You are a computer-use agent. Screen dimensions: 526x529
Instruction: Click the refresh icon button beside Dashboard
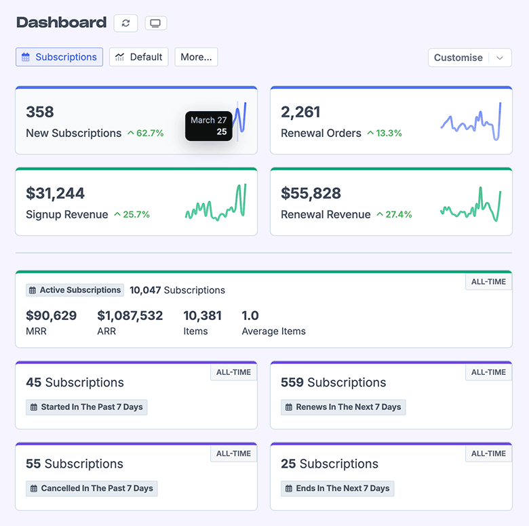coord(125,23)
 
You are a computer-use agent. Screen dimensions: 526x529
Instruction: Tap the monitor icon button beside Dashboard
coord(155,23)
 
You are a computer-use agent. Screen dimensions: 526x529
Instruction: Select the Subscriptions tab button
coord(59,57)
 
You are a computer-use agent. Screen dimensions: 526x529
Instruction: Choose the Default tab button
coord(138,57)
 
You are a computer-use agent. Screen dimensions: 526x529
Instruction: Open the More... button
coord(196,57)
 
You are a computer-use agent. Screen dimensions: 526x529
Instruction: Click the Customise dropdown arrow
coord(500,58)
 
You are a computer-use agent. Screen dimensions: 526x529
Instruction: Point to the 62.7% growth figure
coord(146,133)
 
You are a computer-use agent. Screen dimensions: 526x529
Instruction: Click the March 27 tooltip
coord(208,125)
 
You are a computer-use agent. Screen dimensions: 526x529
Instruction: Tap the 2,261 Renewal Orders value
coord(300,112)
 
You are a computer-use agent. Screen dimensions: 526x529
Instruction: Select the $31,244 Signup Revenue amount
coord(55,193)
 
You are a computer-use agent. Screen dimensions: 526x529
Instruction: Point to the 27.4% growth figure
coord(394,214)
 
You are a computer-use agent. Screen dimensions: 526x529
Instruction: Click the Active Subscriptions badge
coord(75,290)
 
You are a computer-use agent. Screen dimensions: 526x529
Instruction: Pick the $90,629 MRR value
coord(51,315)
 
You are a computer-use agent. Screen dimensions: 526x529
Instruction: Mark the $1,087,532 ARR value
coord(130,315)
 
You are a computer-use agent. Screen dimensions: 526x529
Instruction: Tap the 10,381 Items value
coord(202,315)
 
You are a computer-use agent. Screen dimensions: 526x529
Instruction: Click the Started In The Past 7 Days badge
coord(86,407)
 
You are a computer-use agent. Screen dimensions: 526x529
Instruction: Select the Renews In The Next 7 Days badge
coord(342,407)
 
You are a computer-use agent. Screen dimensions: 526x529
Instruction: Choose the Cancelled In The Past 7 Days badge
coord(92,488)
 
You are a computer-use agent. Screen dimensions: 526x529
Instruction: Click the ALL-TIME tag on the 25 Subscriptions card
coord(488,453)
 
